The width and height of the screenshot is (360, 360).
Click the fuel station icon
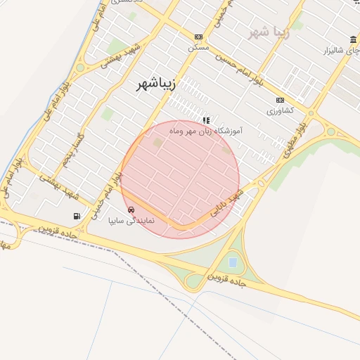point(76,216)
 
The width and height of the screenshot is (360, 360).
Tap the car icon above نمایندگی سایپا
point(131,210)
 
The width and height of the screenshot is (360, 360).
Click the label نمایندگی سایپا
point(136,220)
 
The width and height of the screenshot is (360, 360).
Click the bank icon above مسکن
point(199,37)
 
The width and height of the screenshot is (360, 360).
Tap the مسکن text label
point(198,48)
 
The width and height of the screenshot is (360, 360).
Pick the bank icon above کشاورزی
point(280,100)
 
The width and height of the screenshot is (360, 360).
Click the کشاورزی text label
point(280,110)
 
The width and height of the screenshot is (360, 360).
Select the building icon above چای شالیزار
point(352,40)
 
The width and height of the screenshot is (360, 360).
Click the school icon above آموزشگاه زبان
point(206,120)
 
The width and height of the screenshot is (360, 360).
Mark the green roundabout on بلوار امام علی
point(80,68)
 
